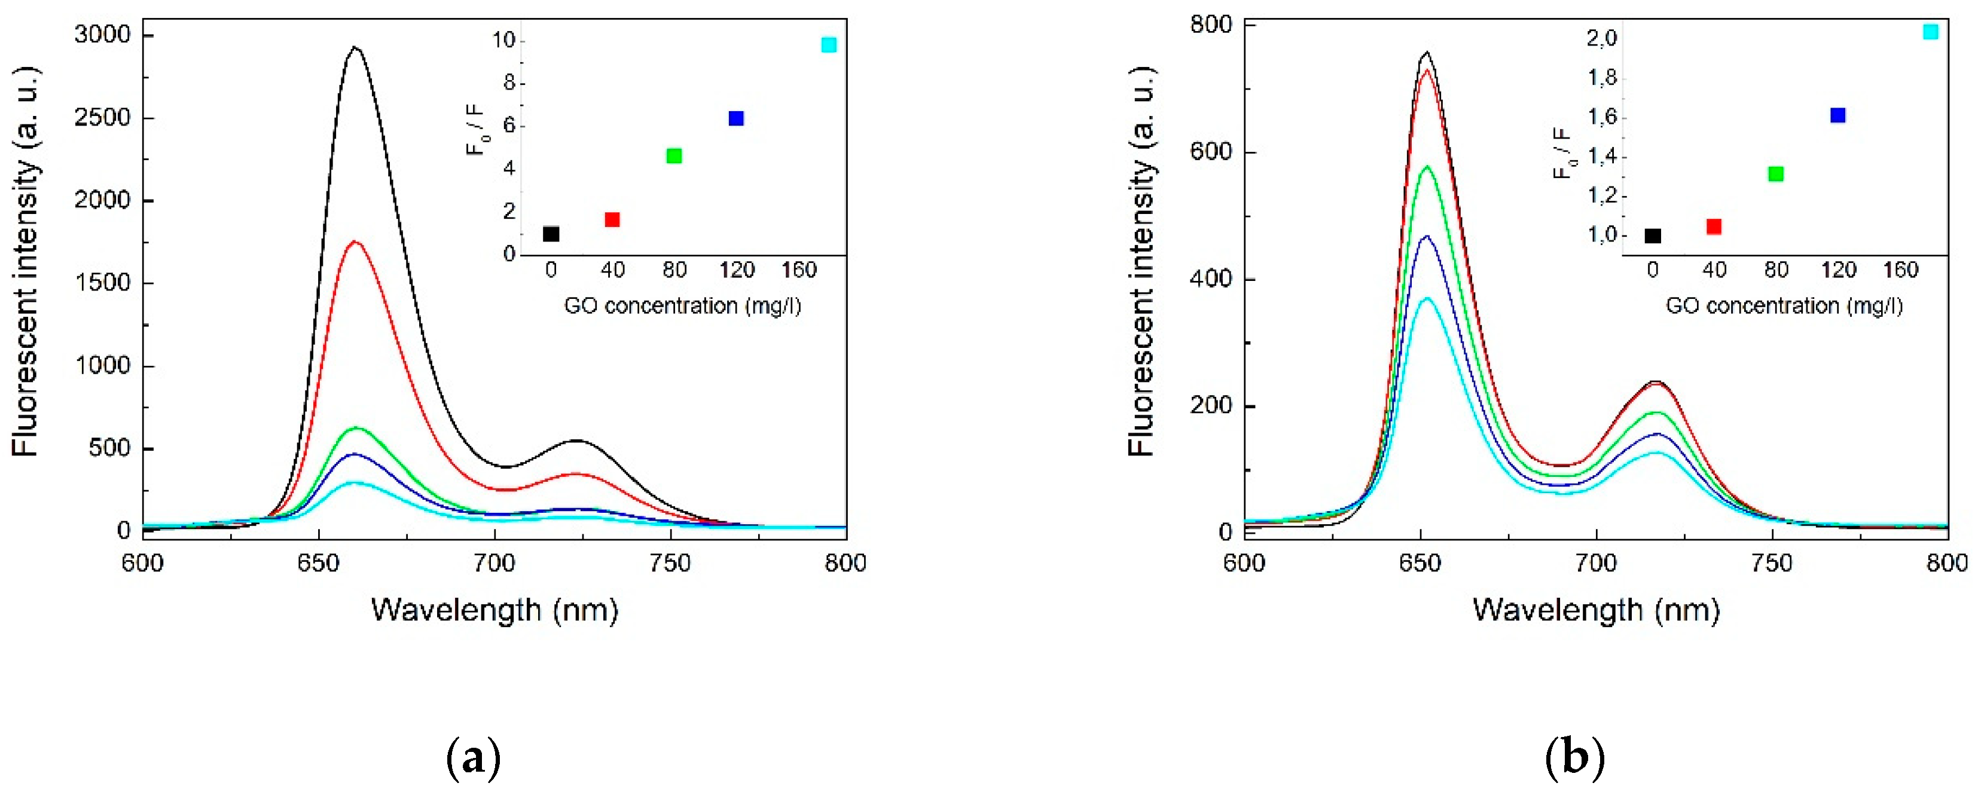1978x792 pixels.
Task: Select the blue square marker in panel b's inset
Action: coord(1837,115)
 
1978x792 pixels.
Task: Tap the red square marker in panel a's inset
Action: coord(612,220)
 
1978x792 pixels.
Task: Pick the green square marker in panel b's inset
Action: coord(1775,174)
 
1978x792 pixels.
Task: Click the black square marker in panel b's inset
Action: coord(1653,236)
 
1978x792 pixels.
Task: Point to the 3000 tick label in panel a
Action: coord(103,35)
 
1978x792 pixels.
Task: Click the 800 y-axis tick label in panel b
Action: coord(1211,25)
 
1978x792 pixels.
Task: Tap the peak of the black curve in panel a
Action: coord(355,48)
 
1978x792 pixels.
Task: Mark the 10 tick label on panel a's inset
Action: coord(503,41)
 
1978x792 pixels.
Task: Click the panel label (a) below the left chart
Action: coord(473,759)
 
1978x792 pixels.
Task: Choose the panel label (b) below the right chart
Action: coord(1574,759)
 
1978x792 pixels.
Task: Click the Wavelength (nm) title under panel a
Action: coord(494,611)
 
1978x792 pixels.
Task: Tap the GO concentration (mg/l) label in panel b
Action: coord(1784,306)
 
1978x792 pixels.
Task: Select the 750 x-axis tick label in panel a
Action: coord(670,563)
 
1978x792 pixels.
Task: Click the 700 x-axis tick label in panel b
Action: coord(1595,563)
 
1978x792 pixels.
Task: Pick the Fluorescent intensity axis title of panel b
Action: coord(1142,261)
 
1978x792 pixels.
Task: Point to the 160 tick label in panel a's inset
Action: coord(799,270)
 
